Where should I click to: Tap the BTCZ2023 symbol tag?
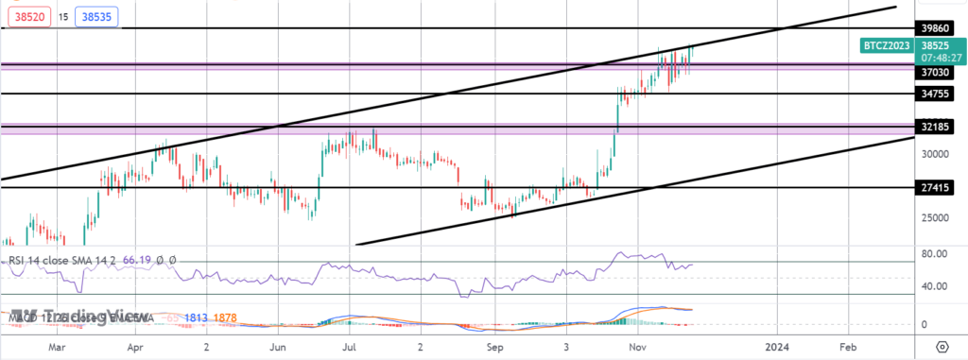886,44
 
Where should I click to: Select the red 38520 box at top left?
23,17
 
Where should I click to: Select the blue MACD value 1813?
197,318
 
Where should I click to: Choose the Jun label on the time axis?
278,347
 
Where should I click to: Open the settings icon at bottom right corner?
942,347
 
